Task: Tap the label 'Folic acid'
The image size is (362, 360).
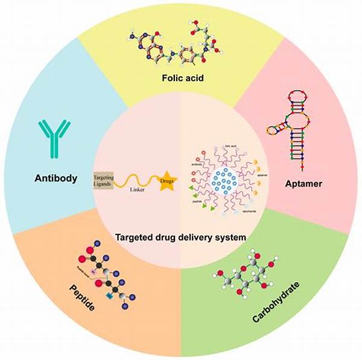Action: [x=180, y=77]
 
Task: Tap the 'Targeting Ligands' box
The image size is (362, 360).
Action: [x=104, y=180]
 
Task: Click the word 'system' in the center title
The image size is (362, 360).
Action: [x=231, y=237]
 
